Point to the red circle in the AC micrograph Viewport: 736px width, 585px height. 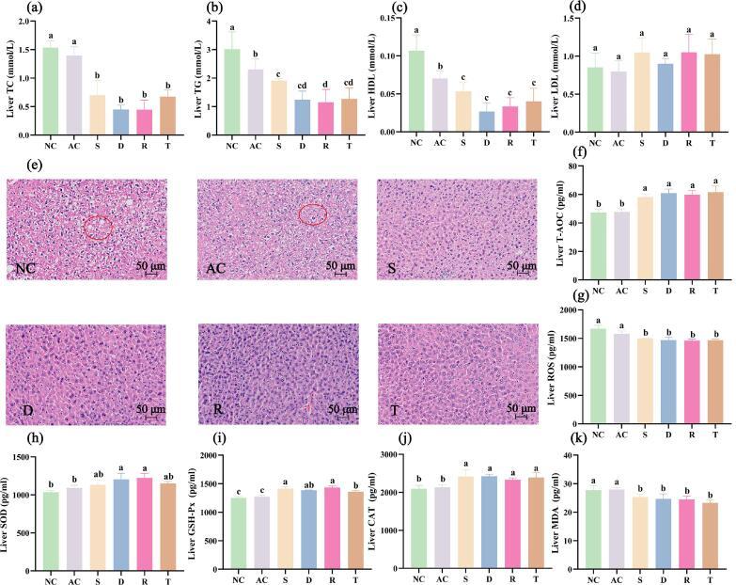tap(314, 215)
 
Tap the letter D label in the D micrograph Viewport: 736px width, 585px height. tap(21, 410)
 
